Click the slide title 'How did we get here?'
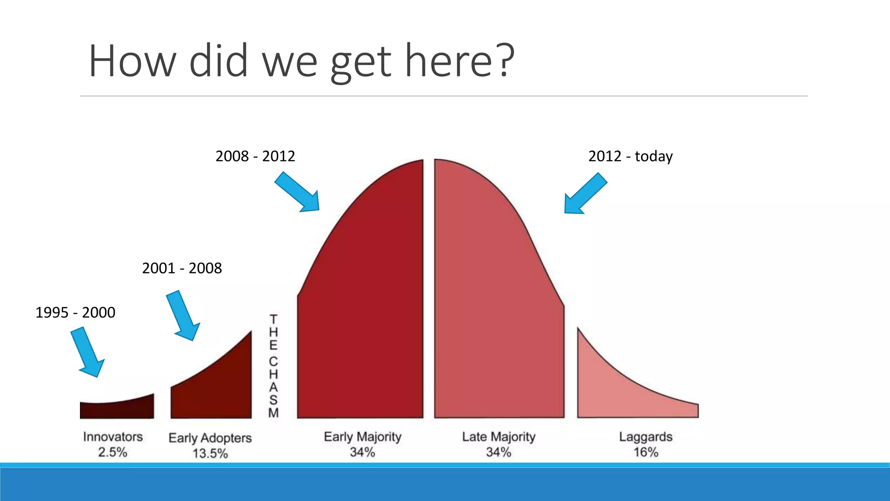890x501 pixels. (x=301, y=61)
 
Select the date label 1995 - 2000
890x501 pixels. (x=75, y=313)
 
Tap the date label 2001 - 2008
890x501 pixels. (x=182, y=268)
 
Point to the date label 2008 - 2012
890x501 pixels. (x=255, y=156)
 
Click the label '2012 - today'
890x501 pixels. (x=630, y=156)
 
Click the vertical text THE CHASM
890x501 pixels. (x=273, y=365)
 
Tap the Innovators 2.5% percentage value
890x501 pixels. (x=113, y=452)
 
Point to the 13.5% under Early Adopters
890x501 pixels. (x=210, y=454)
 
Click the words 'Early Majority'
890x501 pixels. (x=362, y=437)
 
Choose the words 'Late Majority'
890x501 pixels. (x=498, y=437)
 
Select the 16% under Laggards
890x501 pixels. (x=646, y=452)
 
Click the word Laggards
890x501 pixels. (x=646, y=437)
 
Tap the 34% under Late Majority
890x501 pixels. (x=498, y=452)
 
